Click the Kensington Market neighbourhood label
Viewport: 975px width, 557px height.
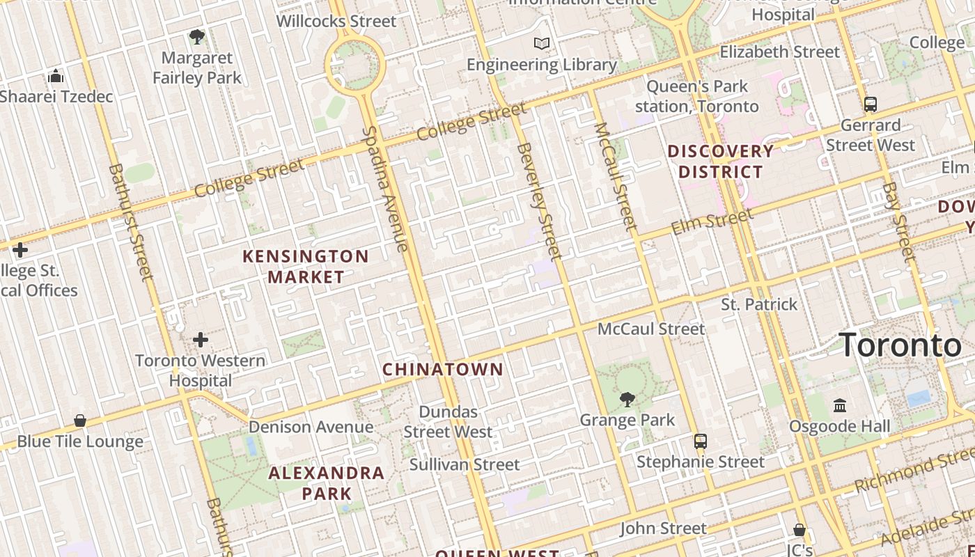305,267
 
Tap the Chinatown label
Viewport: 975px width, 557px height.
443,369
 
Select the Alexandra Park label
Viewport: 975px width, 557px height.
327,483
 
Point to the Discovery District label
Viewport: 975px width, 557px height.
721,161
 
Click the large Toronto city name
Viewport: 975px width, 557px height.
900,345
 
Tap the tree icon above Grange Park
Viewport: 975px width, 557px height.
627,399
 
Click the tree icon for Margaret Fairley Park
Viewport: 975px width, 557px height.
197,36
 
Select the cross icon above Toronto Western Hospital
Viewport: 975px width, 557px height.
201,340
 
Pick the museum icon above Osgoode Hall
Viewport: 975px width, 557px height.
840,405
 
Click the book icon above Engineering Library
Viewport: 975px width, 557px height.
542,44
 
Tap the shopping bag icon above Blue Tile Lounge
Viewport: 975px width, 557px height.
80,421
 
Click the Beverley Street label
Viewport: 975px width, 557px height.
540,201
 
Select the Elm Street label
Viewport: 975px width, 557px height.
712,222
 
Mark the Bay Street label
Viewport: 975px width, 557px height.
898,222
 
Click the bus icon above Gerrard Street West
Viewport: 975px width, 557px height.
870,104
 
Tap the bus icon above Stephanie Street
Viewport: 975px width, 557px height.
701,441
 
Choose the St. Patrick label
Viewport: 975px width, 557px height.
759,304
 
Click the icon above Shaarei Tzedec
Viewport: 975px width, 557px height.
56,76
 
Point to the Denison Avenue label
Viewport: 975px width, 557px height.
311,427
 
